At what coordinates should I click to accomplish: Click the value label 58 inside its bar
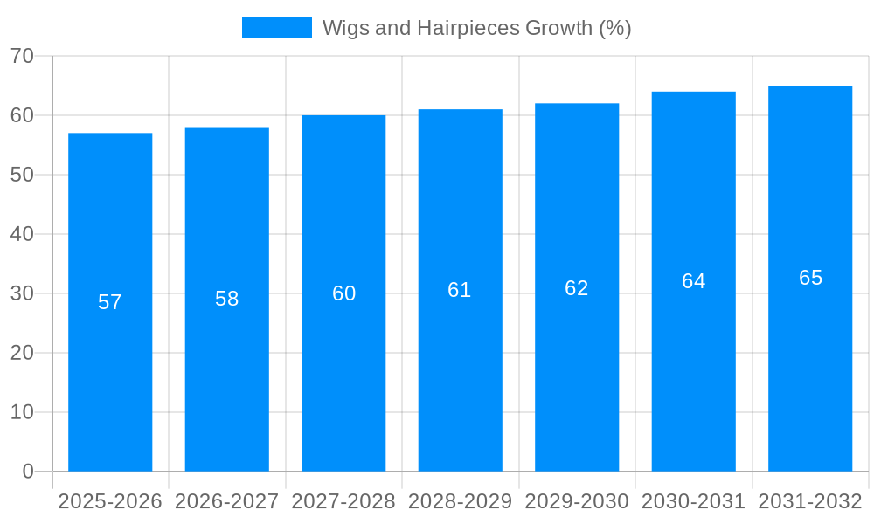click(x=227, y=299)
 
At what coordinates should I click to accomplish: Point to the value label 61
click(x=460, y=290)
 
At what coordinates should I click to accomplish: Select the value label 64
click(x=694, y=281)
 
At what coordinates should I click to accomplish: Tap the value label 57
click(x=110, y=302)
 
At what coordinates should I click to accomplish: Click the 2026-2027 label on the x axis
click(x=227, y=501)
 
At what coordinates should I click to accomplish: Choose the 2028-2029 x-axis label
click(x=460, y=501)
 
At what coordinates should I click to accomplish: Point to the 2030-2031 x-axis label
click(x=694, y=501)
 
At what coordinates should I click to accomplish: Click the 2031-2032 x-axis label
click(x=810, y=501)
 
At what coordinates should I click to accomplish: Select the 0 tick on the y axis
click(x=28, y=472)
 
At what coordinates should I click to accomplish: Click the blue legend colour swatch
click(x=276, y=28)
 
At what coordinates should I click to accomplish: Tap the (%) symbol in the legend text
click(x=614, y=28)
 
